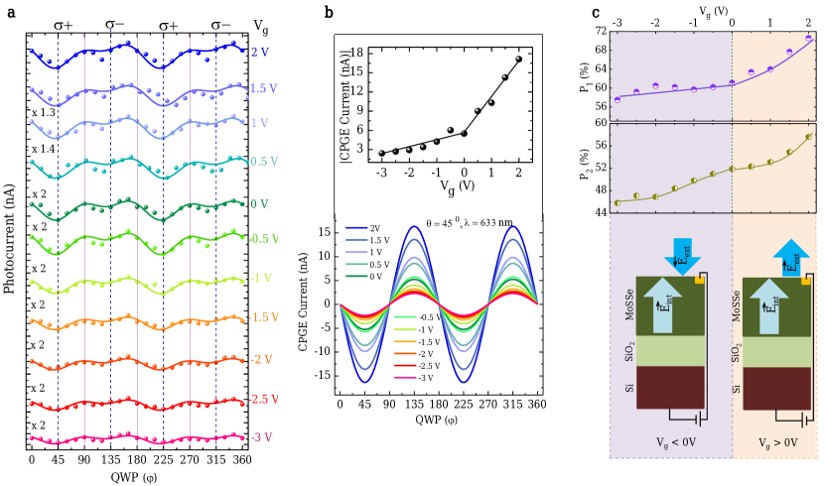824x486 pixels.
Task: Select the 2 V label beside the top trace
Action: (259, 52)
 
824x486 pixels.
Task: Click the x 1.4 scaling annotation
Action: (42, 149)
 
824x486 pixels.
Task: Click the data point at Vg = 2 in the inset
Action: (518, 60)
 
